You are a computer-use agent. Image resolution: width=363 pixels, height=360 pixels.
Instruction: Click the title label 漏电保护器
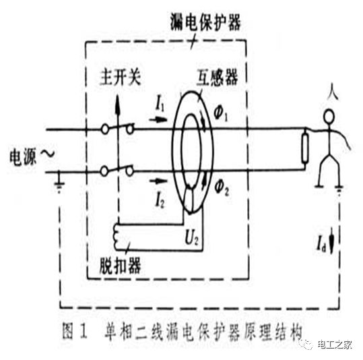(206, 22)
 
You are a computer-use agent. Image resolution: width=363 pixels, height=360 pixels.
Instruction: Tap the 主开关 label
(120, 78)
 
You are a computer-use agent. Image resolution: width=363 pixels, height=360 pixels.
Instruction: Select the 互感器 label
(217, 78)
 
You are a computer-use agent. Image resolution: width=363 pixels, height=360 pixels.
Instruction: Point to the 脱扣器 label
(120, 266)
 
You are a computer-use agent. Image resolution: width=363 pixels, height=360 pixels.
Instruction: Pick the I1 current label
(160, 104)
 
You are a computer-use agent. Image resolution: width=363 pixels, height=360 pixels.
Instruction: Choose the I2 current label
(160, 201)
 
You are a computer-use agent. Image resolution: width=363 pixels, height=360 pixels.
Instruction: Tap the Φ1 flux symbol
(221, 115)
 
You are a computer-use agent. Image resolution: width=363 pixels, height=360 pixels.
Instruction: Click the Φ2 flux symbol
(222, 188)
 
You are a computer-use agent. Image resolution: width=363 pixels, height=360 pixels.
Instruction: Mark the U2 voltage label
(192, 238)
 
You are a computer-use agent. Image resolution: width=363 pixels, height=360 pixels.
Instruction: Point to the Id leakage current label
(321, 245)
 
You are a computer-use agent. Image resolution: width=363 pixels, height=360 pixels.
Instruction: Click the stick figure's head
(329, 117)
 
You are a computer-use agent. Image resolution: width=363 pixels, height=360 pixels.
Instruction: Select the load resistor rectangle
(305, 148)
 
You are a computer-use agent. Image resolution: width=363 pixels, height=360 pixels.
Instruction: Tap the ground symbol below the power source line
(59, 183)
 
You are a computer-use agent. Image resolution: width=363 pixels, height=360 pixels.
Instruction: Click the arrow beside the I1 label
(158, 119)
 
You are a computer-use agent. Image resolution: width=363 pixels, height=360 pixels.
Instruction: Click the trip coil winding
(117, 237)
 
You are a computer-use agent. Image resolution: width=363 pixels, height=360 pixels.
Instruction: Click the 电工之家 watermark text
(335, 345)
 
